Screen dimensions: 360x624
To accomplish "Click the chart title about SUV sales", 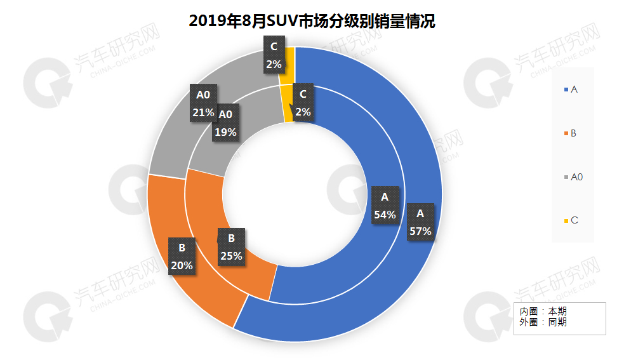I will click(312, 21).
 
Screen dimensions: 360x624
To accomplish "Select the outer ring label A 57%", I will click(420, 221).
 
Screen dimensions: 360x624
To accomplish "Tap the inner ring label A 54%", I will click(385, 205).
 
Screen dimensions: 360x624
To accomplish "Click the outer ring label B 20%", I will click(182, 256).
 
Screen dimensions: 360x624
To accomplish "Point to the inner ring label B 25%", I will click(231, 247).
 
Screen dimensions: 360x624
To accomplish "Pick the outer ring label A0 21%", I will click(203, 104).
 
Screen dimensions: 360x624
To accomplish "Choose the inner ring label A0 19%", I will click(225, 123).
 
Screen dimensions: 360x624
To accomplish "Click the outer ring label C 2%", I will click(274, 55).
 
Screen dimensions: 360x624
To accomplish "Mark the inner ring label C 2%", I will click(303, 103).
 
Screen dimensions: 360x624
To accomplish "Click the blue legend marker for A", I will click(566, 90).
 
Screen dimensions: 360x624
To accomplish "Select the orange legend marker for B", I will click(566, 134).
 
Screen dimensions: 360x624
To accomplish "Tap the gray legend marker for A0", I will click(566, 177).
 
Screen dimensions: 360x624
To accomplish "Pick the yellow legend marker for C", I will click(566, 221).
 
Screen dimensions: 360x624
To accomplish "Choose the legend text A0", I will click(576, 177).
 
